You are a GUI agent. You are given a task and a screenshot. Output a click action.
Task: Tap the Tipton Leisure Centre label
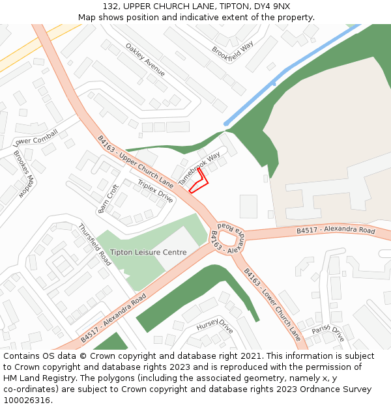click(148, 252)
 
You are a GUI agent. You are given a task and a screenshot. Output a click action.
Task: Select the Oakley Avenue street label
click(145, 60)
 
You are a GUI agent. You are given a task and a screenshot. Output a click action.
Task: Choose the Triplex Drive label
click(155, 191)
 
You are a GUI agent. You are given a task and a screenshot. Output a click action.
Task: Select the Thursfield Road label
click(95, 244)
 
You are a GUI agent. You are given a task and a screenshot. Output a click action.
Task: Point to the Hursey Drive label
click(214, 326)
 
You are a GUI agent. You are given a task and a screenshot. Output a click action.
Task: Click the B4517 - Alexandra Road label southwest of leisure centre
click(113, 319)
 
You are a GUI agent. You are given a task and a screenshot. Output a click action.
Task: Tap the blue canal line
click(287, 73)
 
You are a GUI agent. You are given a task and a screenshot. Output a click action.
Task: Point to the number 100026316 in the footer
click(27, 400)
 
